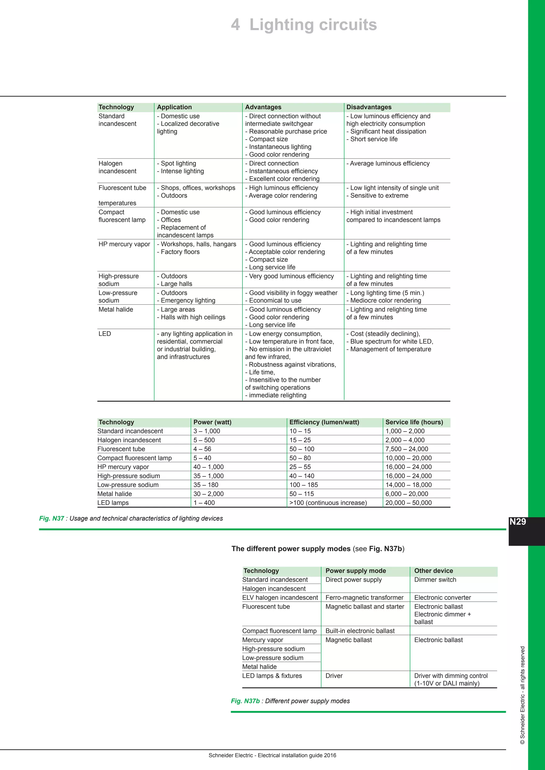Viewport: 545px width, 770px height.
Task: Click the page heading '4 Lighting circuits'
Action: click(x=304, y=25)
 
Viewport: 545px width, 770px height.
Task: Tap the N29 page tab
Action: click(x=518, y=522)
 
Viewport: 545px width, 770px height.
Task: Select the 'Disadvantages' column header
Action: click(x=369, y=107)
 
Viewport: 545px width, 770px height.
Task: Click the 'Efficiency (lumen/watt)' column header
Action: click(x=324, y=422)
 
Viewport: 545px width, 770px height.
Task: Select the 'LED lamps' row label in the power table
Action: click(x=113, y=503)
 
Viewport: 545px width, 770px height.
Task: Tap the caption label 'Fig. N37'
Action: click(x=52, y=518)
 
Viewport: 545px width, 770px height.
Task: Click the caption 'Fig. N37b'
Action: click(x=245, y=701)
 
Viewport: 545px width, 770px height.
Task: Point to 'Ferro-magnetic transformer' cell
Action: click(x=365, y=598)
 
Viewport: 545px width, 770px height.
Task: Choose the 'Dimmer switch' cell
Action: click(x=435, y=580)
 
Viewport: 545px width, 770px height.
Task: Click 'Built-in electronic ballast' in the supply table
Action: click(x=360, y=631)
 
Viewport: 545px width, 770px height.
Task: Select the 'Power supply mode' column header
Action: click(x=356, y=571)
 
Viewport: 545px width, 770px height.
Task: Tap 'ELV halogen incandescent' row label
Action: click(x=280, y=598)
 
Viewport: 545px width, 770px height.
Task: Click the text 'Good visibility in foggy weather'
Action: click(x=293, y=293)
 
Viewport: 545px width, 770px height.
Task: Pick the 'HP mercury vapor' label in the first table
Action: click(x=124, y=244)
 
